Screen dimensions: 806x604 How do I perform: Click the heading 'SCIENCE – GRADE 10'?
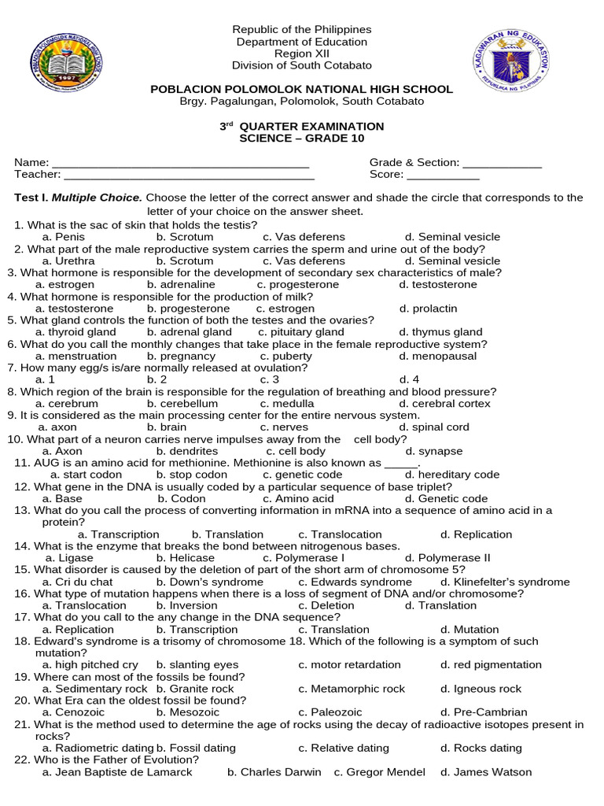pos(301,139)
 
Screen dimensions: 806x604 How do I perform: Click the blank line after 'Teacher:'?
pos(189,176)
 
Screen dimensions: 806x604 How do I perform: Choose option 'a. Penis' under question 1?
pos(63,237)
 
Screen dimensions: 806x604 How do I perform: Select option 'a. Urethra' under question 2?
pos(68,261)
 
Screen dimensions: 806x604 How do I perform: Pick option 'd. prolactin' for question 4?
pos(428,309)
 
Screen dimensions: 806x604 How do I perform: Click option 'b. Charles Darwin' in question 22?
pos(274,772)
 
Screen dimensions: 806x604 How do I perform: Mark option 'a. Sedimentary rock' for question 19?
pos(94,689)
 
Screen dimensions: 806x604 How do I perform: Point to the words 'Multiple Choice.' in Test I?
pos(98,198)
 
